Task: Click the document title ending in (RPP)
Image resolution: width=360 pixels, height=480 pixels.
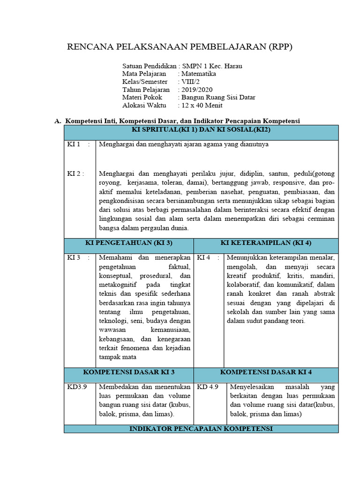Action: (x=180, y=46)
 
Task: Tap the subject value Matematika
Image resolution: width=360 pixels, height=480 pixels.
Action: (x=199, y=74)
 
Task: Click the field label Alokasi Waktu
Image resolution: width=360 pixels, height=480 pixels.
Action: (x=142, y=105)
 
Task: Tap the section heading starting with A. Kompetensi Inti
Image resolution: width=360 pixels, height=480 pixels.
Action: (x=177, y=121)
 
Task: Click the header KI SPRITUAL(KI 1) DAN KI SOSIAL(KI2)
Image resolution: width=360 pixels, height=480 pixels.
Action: (x=201, y=130)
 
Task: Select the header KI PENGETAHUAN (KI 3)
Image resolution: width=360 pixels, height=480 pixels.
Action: (x=128, y=243)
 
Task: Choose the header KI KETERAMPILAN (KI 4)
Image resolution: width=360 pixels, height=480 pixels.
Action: (x=266, y=243)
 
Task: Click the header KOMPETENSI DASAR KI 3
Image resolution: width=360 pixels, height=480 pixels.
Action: (x=128, y=372)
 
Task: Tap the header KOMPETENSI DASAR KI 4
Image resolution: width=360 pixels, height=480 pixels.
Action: (x=266, y=372)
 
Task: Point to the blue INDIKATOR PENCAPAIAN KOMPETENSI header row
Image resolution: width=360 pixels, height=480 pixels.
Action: (x=201, y=429)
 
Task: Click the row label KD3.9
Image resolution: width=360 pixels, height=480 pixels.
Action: (x=75, y=387)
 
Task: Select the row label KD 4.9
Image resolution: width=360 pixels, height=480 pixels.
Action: (x=208, y=387)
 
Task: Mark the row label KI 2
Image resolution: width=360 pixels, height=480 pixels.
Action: (x=75, y=173)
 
